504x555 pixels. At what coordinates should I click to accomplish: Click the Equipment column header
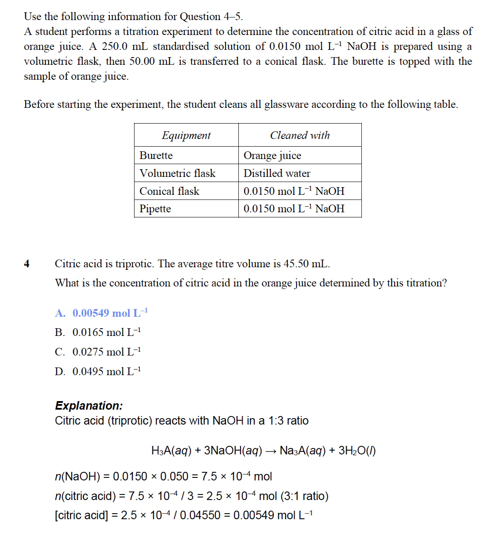[x=186, y=136]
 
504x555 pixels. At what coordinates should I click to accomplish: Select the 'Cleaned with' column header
[x=300, y=136]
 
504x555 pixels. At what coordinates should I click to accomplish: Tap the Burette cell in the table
[x=156, y=156]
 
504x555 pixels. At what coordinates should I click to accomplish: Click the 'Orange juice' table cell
[x=272, y=156]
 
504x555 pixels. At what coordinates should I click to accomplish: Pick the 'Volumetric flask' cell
[x=178, y=173]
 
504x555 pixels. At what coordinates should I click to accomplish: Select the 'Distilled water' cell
[x=277, y=173]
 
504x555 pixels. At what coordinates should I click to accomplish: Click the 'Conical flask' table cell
[x=169, y=191]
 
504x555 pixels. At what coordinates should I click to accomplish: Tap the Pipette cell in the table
[x=155, y=209]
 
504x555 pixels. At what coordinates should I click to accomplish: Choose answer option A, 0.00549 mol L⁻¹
[x=101, y=313]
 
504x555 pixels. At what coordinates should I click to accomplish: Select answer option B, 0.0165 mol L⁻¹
[x=98, y=332]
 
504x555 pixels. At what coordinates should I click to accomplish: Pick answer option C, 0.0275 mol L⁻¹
[x=98, y=352]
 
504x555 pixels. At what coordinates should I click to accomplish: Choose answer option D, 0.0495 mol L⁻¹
[x=98, y=372]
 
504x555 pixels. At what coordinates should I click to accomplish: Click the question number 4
[x=27, y=264]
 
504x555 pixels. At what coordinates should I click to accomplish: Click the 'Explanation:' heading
[x=89, y=405]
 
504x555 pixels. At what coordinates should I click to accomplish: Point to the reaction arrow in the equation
[x=271, y=451]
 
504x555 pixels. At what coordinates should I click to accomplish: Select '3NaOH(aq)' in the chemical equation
[x=233, y=451]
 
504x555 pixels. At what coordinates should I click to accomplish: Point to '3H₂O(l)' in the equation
[x=357, y=451]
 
